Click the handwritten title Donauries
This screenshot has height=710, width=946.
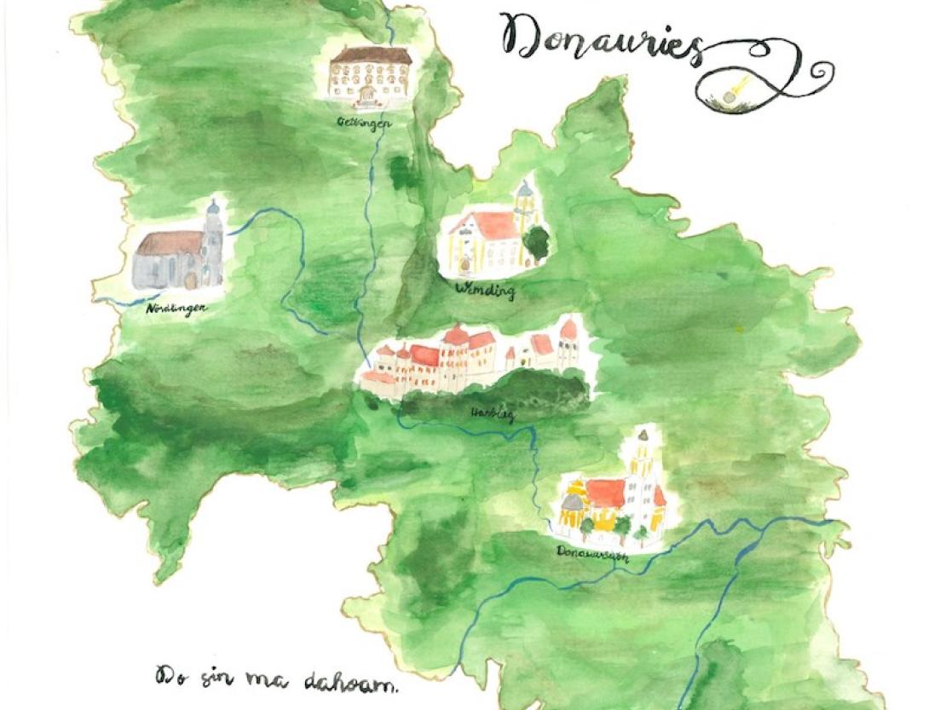(x=601, y=38)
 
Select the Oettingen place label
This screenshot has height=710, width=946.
(x=363, y=123)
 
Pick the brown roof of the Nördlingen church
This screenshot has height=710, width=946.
(x=170, y=244)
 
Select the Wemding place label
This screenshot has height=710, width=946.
(x=486, y=292)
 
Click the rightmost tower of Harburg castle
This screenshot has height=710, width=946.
(x=568, y=341)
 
